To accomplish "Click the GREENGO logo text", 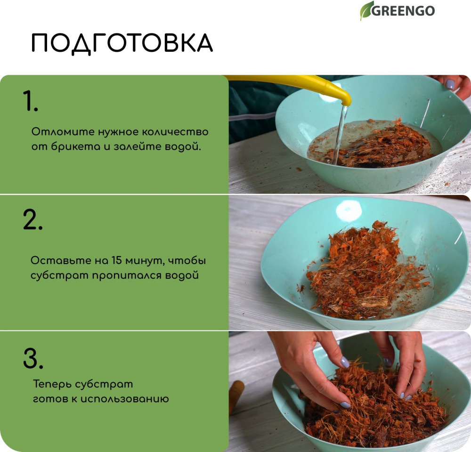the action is (403, 11).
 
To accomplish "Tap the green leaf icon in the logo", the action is (366, 10).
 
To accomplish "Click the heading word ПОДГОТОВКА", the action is (122, 43).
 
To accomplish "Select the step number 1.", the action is (30, 101).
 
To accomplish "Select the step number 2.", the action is (32, 220).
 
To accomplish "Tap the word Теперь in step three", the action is (52, 384).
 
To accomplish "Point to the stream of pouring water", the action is (341, 134).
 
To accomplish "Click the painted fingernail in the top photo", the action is (450, 84).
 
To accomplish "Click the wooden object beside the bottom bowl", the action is (236, 396).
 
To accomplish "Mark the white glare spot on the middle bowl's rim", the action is (349, 210).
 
